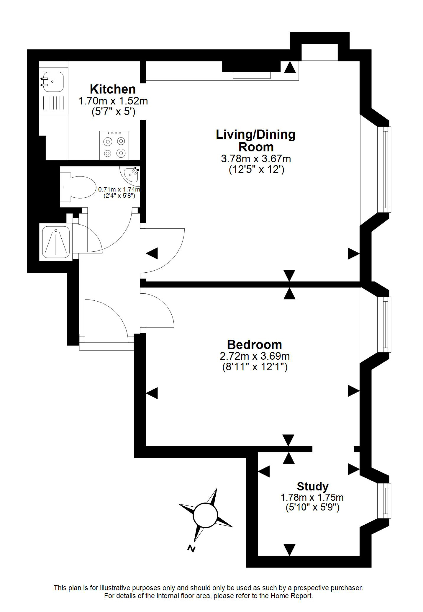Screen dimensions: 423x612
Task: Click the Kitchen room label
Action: coord(113,89)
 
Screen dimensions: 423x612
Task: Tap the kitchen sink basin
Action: coord(53,82)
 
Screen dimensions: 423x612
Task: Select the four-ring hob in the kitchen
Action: coord(114,145)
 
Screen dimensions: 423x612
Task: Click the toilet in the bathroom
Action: coord(79,187)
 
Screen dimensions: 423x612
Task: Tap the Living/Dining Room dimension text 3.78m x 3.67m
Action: coord(256,159)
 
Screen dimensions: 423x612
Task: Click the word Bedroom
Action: coord(254,345)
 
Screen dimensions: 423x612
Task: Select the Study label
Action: coord(313,486)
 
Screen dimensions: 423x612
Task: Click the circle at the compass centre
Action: coord(205,516)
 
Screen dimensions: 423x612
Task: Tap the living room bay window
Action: coord(384,169)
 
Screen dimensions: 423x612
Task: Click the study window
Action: coord(385,500)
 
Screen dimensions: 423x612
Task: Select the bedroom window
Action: coord(384,325)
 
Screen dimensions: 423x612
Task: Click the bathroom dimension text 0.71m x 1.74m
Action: coord(119,189)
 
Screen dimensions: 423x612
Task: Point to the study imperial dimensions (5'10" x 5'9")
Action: coord(313,507)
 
